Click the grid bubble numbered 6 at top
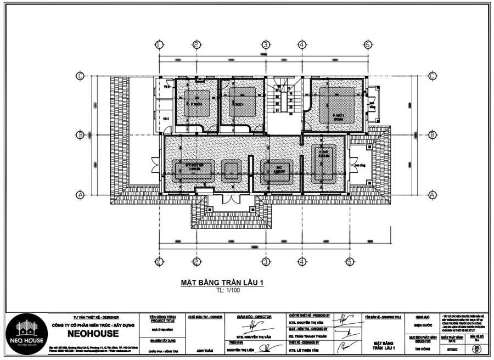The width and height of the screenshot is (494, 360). [367, 44]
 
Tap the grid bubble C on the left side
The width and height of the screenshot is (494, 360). [80, 76]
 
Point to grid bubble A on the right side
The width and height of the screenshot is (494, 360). [432, 195]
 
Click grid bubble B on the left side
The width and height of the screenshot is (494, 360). [80, 134]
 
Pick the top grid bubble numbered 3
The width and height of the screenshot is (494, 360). [265, 44]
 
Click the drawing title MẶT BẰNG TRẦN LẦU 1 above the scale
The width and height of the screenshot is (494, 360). [223, 283]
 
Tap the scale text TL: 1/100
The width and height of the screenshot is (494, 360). [223, 291]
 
